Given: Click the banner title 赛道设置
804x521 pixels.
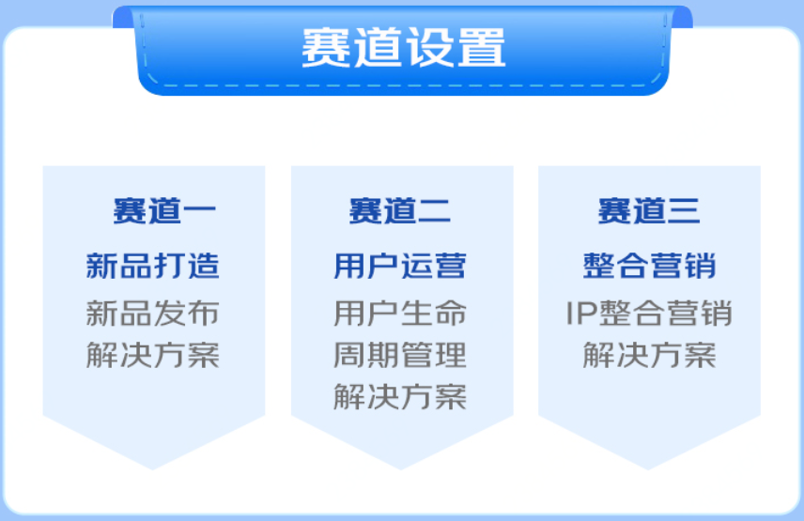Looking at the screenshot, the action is click(x=404, y=48).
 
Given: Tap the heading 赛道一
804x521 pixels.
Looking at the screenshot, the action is click(x=164, y=210).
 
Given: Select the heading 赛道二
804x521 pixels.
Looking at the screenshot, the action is click(x=400, y=210).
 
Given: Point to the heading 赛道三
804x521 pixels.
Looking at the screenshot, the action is click(x=649, y=210).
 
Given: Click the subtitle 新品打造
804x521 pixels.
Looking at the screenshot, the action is click(x=153, y=266).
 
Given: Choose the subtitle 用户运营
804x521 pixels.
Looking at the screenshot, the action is click(x=400, y=266).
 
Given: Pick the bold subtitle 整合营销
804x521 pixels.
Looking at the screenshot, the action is click(x=649, y=266).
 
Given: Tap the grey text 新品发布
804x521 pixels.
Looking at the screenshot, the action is click(x=153, y=313).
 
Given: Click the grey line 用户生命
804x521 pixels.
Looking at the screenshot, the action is click(x=400, y=313).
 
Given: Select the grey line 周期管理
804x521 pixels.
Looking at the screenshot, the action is click(x=400, y=355).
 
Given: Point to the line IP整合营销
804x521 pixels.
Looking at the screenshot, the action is click(x=649, y=313).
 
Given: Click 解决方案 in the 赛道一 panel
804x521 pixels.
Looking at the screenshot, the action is click(x=153, y=355).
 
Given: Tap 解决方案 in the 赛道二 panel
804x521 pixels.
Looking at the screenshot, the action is click(x=400, y=397).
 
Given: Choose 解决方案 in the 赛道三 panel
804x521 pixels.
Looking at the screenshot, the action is click(x=649, y=355).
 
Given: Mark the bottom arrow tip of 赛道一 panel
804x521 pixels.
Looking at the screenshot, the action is click(x=153, y=469).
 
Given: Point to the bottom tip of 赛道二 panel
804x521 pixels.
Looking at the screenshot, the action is click(x=401, y=469).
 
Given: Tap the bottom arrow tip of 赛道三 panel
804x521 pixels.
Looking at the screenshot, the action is click(x=648, y=469).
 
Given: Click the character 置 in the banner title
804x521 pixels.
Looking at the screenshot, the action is click(x=482, y=48).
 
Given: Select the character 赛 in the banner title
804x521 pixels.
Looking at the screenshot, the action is click(x=326, y=48).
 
